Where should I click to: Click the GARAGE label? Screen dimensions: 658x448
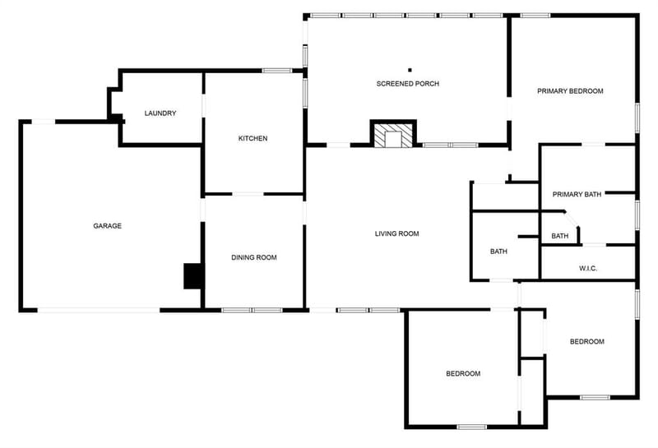[x=108, y=226]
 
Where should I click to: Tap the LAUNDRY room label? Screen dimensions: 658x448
[x=160, y=113]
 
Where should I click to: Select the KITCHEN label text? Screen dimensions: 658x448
[x=253, y=138]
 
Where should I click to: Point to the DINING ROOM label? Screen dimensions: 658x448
[x=254, y=257]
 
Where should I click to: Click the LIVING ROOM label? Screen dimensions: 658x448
[x=397, y=233]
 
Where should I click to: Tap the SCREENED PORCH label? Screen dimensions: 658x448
[x=408, y=84]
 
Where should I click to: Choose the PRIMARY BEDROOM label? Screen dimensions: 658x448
[x=570, y=91]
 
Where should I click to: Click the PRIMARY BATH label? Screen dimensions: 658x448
[x=577, y=194]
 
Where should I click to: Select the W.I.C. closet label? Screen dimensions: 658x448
[x=588, y=269]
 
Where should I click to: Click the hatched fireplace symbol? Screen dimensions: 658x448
[x=394, y=135]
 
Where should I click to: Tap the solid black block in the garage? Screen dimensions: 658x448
[x=193, y=276]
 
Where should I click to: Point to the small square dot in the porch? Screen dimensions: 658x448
[x=410, y=70]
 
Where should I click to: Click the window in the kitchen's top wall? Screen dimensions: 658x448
[x=277, y=71]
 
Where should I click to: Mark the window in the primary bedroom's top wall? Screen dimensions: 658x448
[x=535, y=16]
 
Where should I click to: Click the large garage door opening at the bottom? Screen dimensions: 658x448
[x=99, y=311]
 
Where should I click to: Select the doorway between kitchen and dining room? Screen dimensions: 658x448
[x=248, y=194]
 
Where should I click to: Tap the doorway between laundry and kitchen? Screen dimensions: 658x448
[x=203, y=105]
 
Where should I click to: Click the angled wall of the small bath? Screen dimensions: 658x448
[x=572, y=219]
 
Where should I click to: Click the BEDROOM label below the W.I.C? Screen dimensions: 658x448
[x=587, y=341]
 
